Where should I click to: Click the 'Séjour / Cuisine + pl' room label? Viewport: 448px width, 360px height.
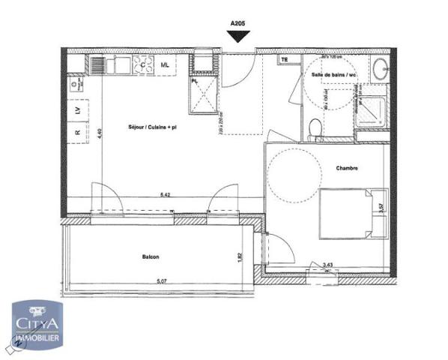pyautogui.click(x=151, y=127)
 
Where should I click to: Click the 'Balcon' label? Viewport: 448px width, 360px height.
pyautogui.click(x=151, y=256)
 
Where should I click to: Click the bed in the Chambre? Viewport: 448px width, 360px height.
pyautogui.click(x=349, y=213)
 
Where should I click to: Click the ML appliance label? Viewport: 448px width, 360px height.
pyautogui.click(x=166, y=65)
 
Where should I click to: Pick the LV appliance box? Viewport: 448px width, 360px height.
pyautogui.click(x=77, y=111)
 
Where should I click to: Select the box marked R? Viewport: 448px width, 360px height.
pyautogui.click(x=77, y=133)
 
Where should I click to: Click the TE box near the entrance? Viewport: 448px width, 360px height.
pyautogui.click(x=284, y=58)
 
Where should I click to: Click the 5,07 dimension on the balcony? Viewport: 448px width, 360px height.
pyautogui.click(x=160, y=281)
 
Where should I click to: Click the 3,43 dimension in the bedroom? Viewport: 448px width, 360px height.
pyautogui.click(x=327, y=264)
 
